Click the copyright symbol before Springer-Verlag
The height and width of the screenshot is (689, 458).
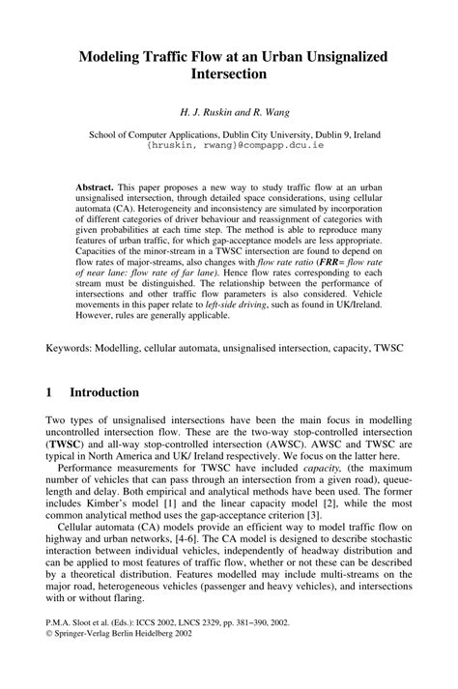point(50,665)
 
